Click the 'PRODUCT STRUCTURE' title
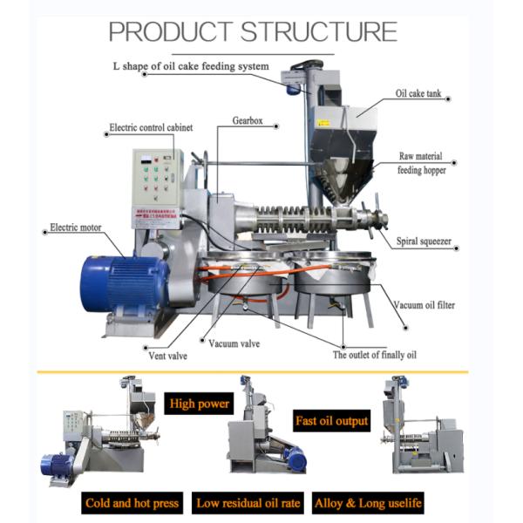(x=253, y=31)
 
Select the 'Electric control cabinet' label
(x=151, y=127)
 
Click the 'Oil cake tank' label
(x=421, y=92)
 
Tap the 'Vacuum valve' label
(x=234, y=343)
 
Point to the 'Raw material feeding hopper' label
(x=423, y=163)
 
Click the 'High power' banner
(x=200, y=404)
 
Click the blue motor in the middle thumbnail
(x=295, y=458)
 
